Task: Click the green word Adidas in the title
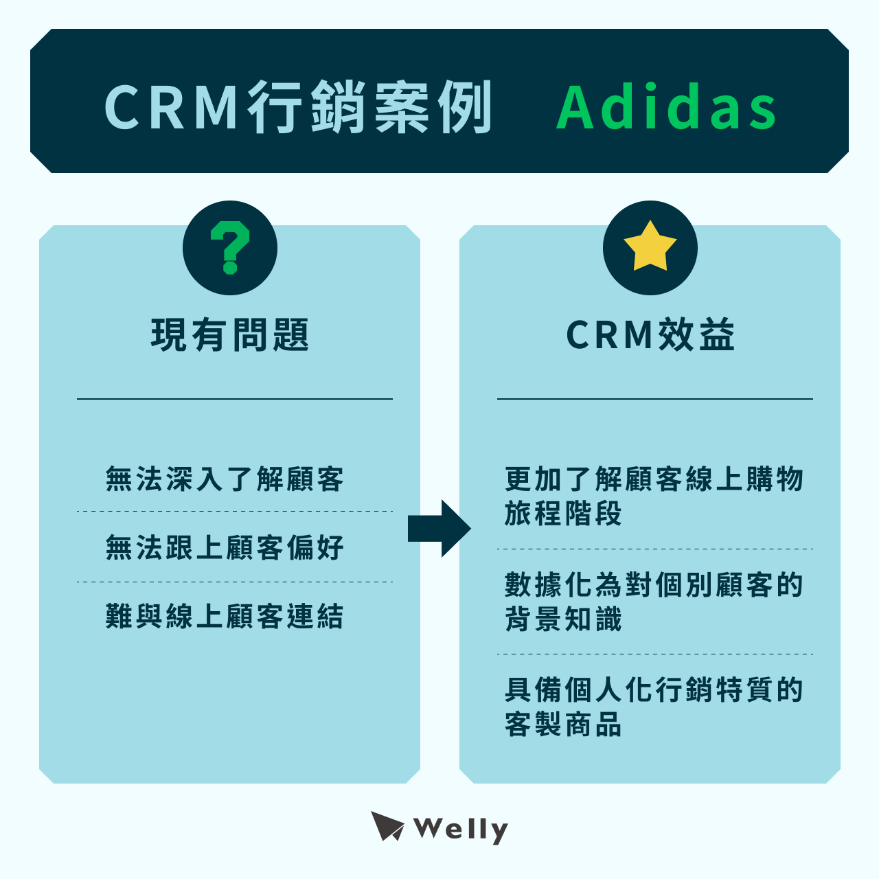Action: point(666,108)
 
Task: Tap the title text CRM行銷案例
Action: point(299,108)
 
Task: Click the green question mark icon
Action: point(230,248)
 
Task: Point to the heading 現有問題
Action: point(230,335)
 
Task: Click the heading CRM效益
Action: point(650,335)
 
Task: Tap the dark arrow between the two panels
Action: point(439,528)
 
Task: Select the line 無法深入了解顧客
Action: point(225,479)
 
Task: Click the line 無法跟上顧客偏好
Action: point(225,547)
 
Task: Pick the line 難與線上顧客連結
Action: point(225,616)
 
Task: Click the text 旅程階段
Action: point(563,514)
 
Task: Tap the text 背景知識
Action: point(563,619)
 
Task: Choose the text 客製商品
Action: point(563,724)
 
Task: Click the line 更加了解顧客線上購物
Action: point(654,479)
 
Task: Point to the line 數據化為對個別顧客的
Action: point(654,584)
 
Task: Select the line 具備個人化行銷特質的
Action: point(654,689)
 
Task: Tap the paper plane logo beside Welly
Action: point(387,826)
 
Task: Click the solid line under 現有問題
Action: point(234,399)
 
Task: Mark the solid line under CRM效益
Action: point(654,399)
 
